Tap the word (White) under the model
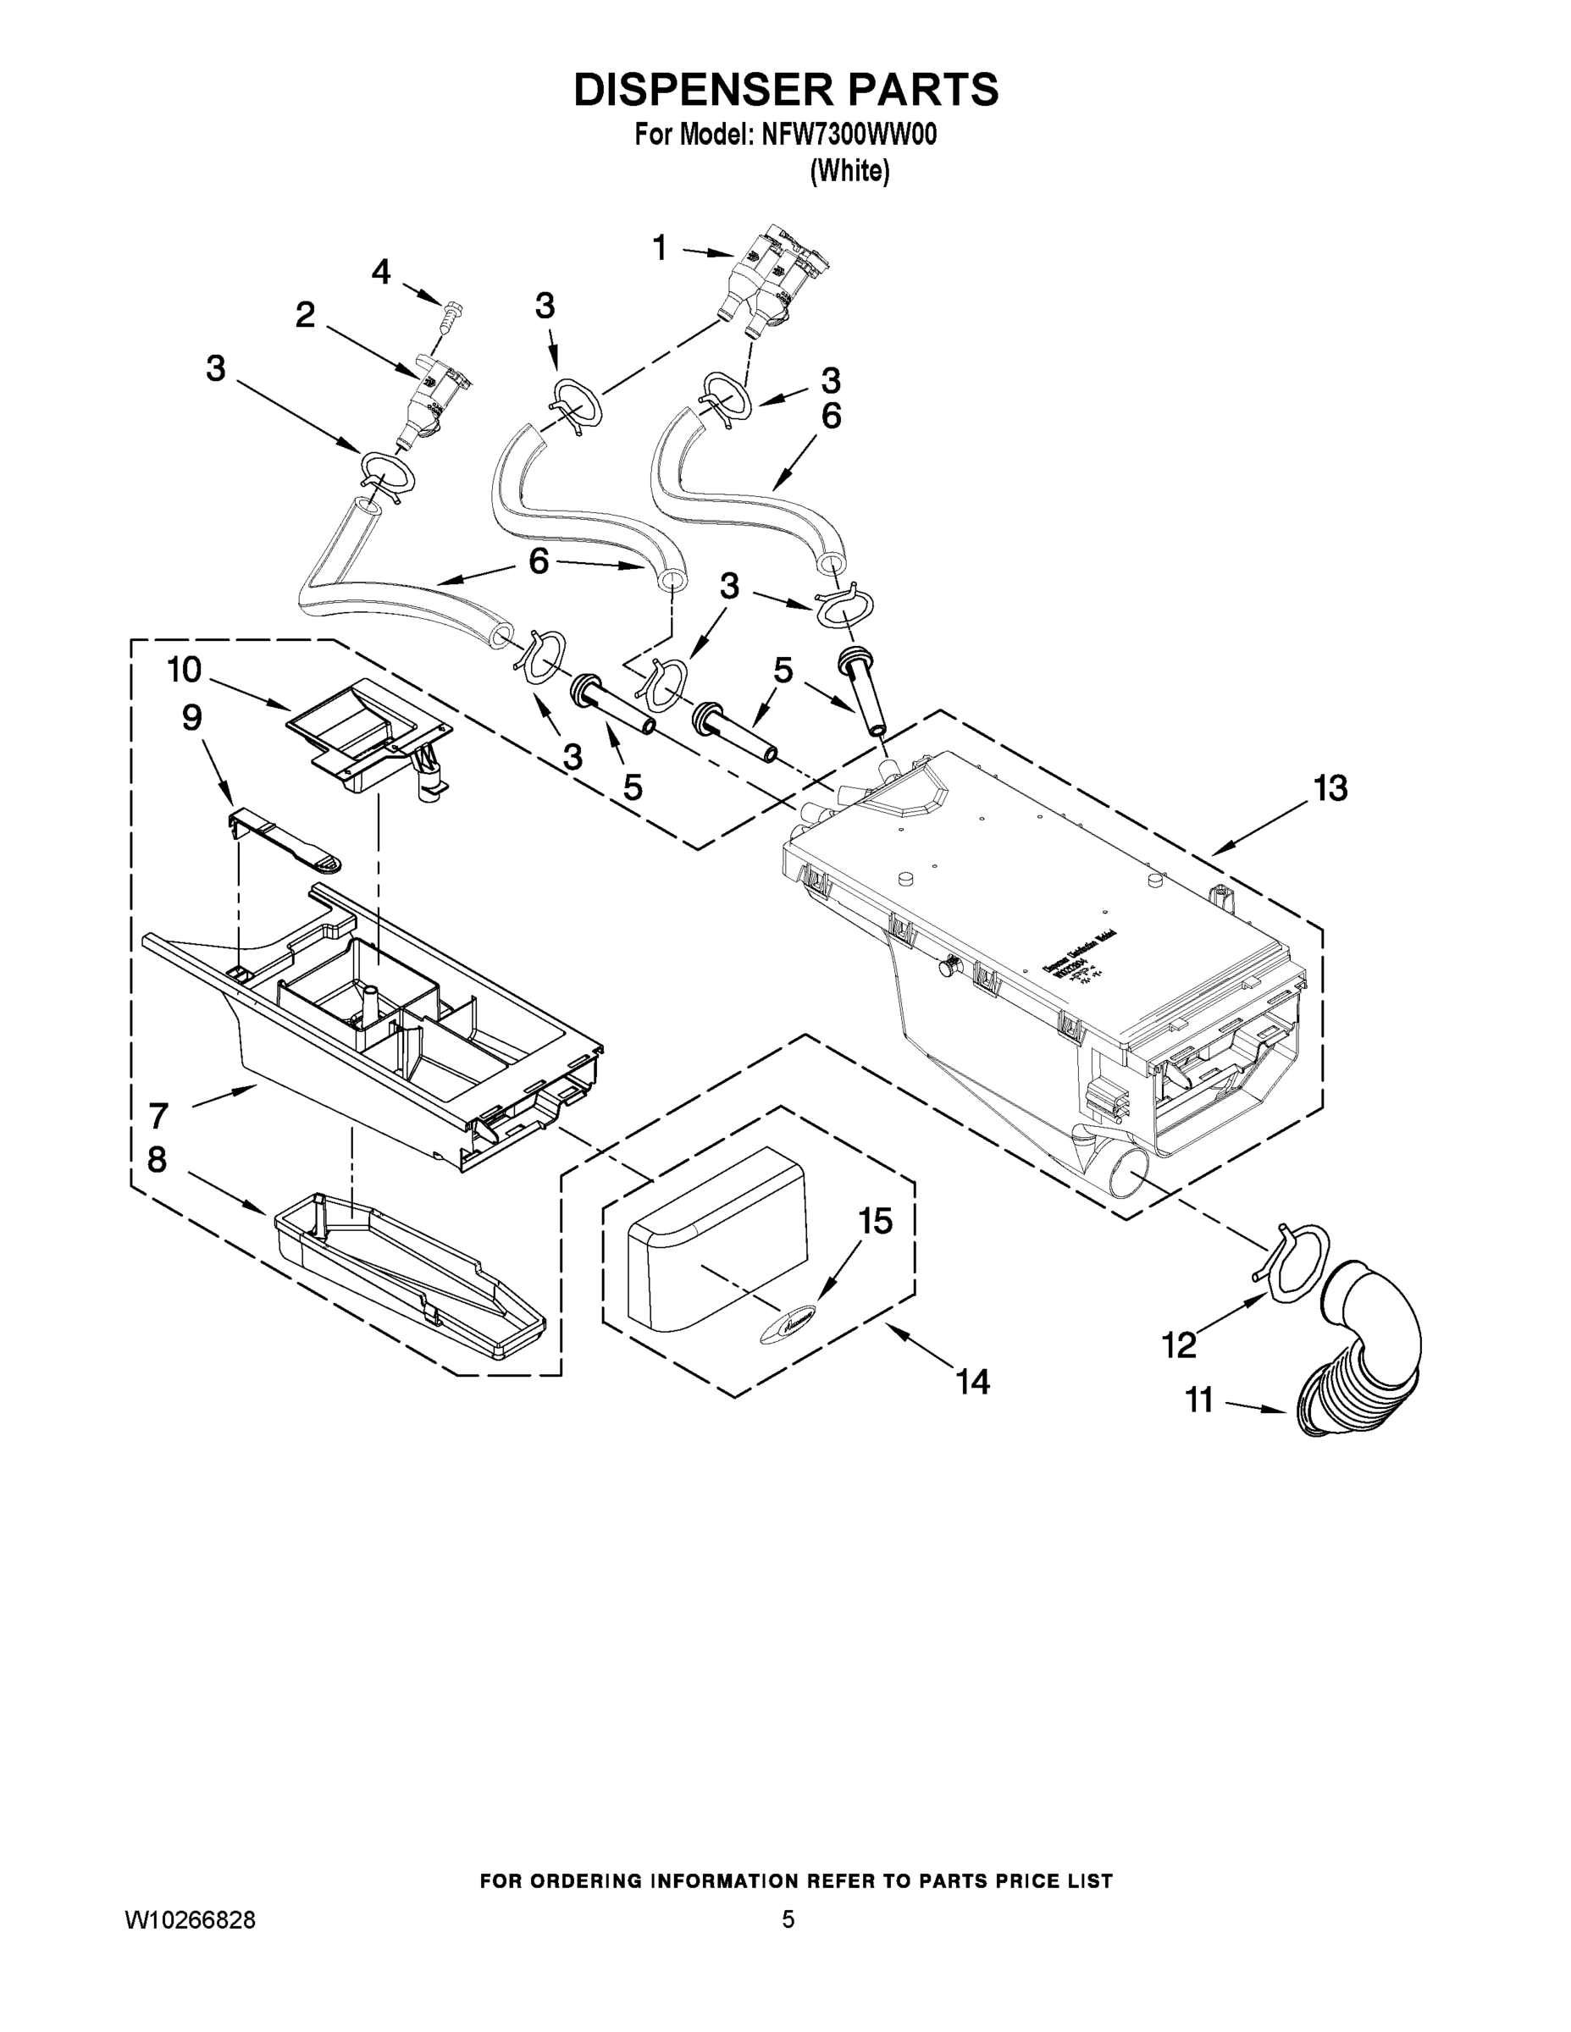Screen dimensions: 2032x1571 (x=849, y=171)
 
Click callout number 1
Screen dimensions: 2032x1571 (x=660, y=247)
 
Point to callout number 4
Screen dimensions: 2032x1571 (x=380, y=272)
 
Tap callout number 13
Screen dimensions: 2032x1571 (x=1330, y=788)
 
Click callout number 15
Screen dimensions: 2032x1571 (x=876, y=1222)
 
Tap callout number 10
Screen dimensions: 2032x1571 (x=185, y=669)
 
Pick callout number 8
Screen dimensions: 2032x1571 (x=158, y=1160)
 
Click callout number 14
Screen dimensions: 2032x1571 (x=973, y=1382)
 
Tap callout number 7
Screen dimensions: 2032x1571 (x=158, y=1114)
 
